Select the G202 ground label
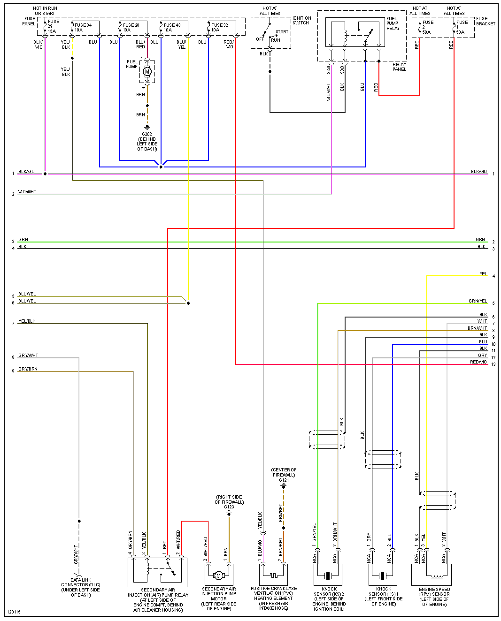point(147,134)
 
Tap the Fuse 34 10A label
point(83,27)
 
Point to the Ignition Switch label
point(301,20)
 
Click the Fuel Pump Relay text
point(393,23)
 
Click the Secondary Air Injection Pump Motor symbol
point(218,575)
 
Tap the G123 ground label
point(229,507)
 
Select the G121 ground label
point(284,480)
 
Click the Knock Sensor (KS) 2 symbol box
point(328,575)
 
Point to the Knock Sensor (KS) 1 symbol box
point(383,575)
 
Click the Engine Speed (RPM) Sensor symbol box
point(431,575)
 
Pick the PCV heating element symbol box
point(273,574)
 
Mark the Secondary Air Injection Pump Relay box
point(157,572)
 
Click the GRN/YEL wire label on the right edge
point(478,301)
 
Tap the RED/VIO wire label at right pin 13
point(478,362)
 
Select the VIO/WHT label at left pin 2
point(27,192)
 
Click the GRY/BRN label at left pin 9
point(28,369)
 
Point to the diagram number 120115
point(14,612)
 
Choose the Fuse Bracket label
point(486,21)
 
